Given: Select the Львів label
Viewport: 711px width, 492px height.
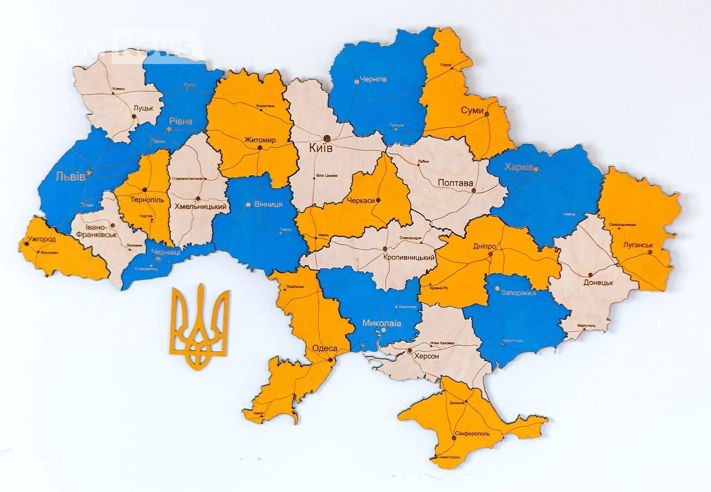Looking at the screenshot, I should click(70, 176).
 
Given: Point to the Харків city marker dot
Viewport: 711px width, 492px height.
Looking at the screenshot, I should click(536, 169).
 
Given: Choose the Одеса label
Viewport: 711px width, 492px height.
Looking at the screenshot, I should click(324, 348).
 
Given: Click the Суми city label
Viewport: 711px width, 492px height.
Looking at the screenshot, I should click(472, 111).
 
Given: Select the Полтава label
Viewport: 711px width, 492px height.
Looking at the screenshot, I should click(455, 183).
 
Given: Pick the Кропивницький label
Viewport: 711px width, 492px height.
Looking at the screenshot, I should click(409, 257).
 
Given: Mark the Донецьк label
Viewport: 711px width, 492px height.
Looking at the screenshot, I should click(598, 283).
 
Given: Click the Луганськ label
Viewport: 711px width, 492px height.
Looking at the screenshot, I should click(638, 245).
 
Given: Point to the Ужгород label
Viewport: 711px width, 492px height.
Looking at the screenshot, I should click(41, 239).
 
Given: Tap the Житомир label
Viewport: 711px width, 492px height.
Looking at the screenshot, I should click(260, 140).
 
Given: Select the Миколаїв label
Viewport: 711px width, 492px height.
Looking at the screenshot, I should click(382, 323).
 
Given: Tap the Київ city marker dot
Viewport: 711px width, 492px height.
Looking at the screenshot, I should click(327, 138).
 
